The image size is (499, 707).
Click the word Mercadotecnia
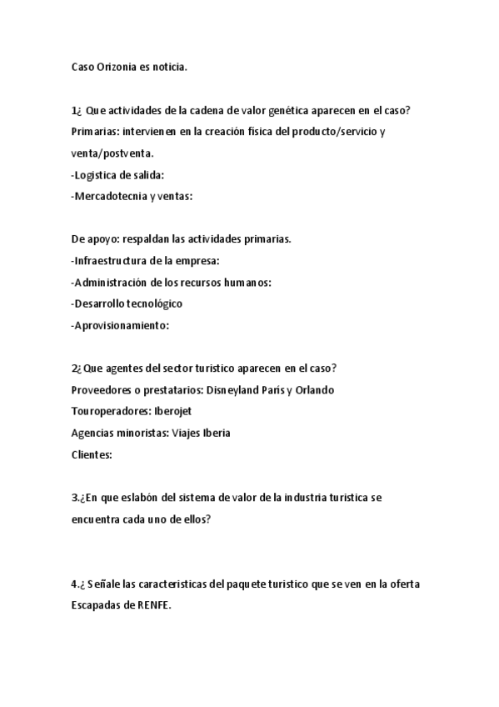[110, 197]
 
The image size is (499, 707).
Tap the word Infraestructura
[112, 261]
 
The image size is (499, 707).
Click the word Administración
[115, 283]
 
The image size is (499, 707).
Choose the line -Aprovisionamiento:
[120, 325]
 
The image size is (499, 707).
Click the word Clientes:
[92, 455]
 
